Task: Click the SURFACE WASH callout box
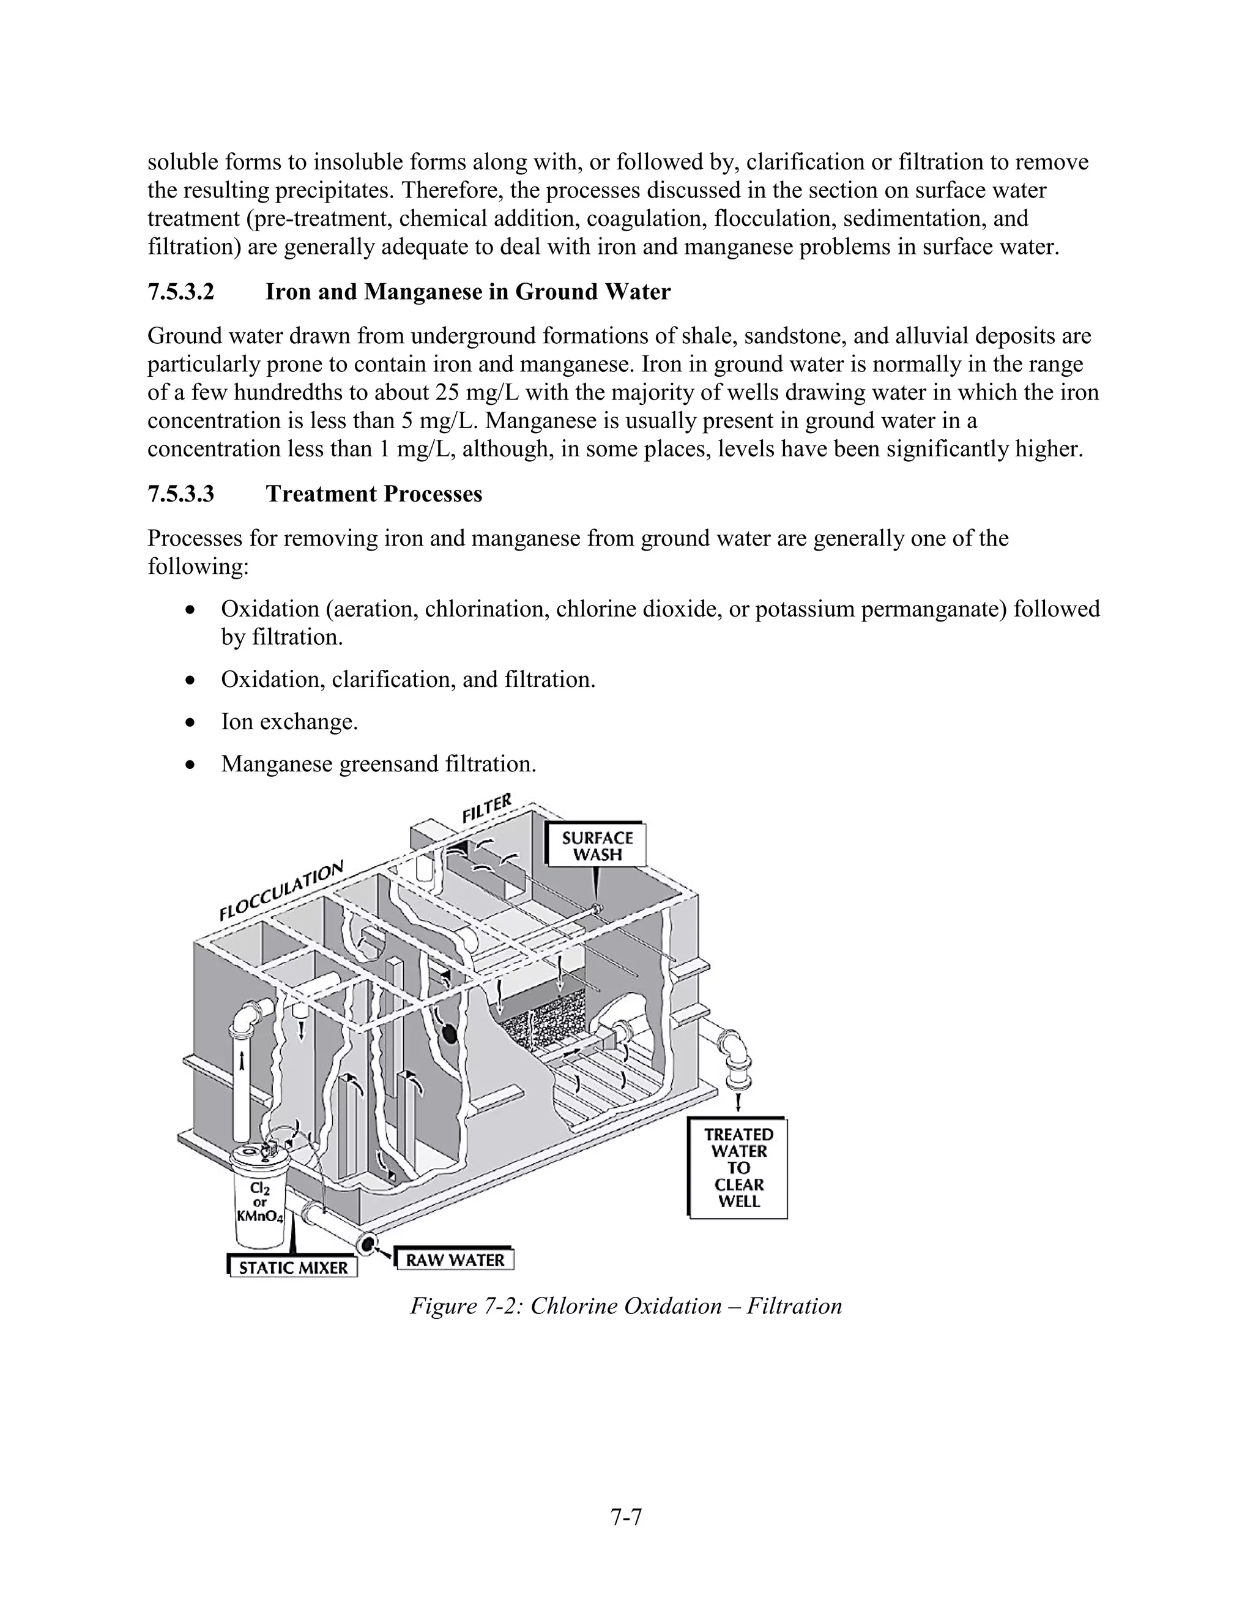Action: (x=597, y=845)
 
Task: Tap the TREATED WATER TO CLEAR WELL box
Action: (x=738, y=1168)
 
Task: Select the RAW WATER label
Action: (x=455, y=1259)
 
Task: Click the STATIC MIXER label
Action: (x=293, y=1267)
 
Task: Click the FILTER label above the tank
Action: (x=487, y=808)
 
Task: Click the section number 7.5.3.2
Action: (x=180, y=292)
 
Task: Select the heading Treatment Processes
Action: (x=374, y=494)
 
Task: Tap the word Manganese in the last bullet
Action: (x=276, y=764)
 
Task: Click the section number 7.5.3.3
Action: (x=180, y=494)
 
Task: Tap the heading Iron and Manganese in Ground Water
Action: (x=467, y=292)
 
